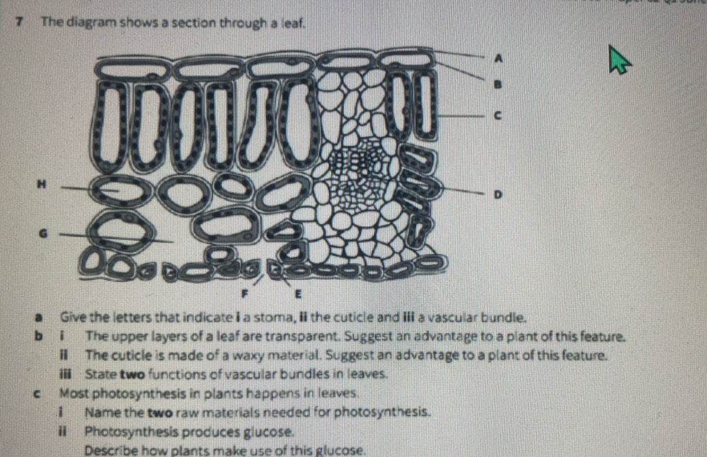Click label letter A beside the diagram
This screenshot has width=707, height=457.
(497, 59)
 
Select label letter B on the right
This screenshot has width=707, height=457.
(497, 85)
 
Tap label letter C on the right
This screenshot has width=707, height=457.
(497, 116)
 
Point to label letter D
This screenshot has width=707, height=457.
(497, 195)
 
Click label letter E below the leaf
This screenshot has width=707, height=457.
(296, 296)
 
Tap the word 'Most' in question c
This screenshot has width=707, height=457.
(73, 393)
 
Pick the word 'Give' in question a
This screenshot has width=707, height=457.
(72, 318)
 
